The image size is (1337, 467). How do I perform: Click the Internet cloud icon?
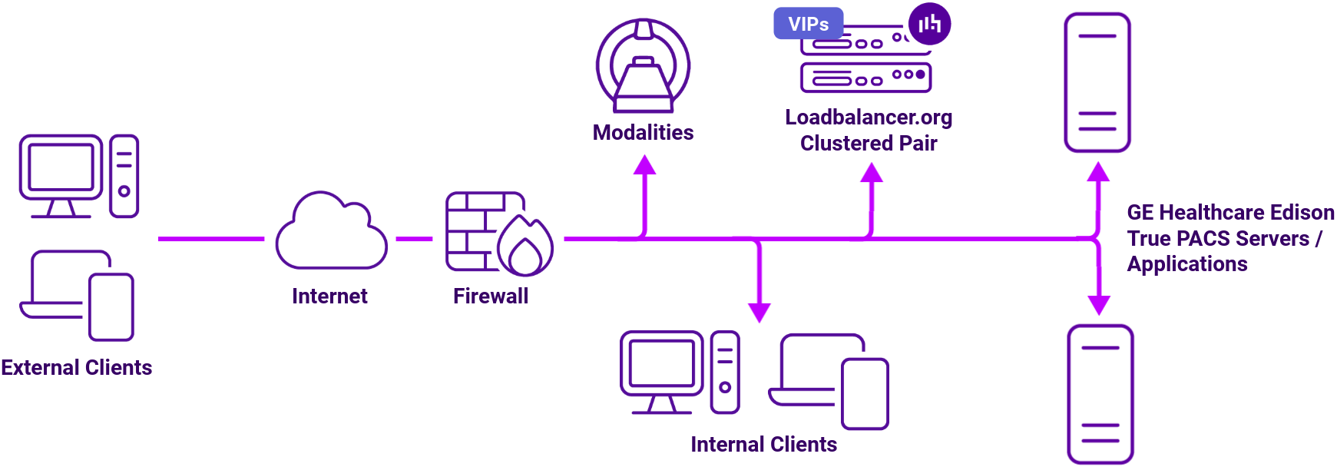[331, 233]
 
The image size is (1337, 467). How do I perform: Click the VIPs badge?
[808, 24]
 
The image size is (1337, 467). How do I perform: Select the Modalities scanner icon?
[643, 66]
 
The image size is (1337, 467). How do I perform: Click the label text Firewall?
[491, 296]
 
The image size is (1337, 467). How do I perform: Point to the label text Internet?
[329, 296]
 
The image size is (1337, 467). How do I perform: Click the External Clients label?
[76, 368]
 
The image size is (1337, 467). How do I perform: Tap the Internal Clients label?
[763, 445]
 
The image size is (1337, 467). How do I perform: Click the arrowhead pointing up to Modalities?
[644, 165]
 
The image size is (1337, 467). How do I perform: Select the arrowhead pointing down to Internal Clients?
[759, 311]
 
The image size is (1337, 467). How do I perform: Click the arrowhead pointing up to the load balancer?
[871, 173]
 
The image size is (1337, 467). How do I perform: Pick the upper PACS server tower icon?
[1097, 82]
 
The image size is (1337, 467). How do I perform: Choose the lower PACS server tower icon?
[1100, 393]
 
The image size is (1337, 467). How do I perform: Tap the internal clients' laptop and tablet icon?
[829, 381]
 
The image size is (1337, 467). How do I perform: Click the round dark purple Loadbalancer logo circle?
[929, 24]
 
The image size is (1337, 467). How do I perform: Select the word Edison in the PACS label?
[1302, 213]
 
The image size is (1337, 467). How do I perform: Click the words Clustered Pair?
[868, 144]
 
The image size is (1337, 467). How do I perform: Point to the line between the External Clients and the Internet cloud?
[210, 239]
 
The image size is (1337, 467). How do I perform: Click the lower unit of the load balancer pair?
[865, 78]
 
